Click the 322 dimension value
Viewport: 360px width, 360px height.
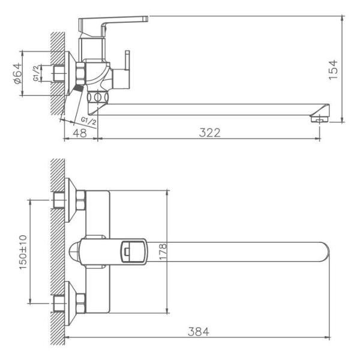pyautogui.click(x=210, y=132)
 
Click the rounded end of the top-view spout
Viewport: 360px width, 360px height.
pyautogui.click(x=324, y=252)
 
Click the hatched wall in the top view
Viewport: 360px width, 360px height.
pyautogui.click(x=58, y=252)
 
